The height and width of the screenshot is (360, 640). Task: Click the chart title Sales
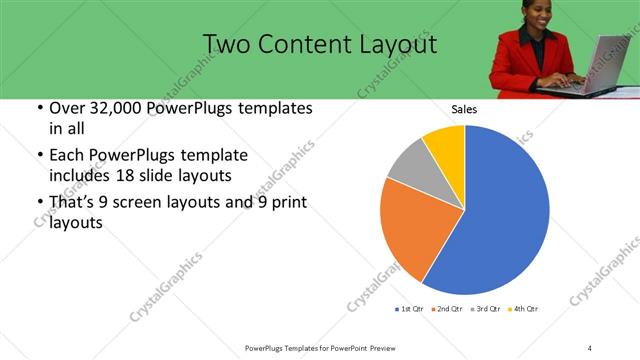[x=464, y=108]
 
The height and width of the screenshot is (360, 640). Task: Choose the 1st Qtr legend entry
[x=410, y=309]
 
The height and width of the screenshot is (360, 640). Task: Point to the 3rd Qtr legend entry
[x=487, y=309]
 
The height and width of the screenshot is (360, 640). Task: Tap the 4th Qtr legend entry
[x=525, y=309]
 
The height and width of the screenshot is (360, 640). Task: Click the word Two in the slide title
[x=226, y=45]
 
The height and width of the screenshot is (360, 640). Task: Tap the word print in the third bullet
[x=290, y=203]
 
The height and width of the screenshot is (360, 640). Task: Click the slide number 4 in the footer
[x=590, y=347]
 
